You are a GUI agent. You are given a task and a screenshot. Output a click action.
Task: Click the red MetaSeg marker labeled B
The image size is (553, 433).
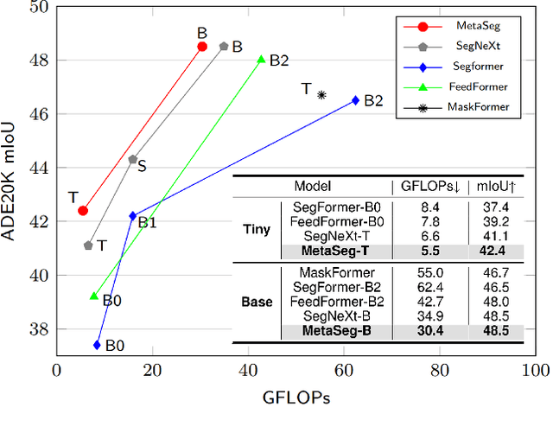[x=202, y=47]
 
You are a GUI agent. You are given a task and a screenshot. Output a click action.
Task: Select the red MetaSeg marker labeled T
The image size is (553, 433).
[x=83, y=210]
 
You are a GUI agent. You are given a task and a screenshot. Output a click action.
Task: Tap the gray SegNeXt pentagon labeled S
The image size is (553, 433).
[x=132, y=159]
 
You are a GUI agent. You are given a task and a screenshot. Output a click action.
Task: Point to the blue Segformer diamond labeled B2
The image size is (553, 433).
[x=355, y=100]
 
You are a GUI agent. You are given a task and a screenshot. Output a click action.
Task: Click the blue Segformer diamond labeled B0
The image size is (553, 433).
[x=97, y=345]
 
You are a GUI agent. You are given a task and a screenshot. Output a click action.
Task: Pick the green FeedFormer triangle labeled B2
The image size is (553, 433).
[x=261, y=60]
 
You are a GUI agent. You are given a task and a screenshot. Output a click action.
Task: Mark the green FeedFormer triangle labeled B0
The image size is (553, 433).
[x=94, y=296]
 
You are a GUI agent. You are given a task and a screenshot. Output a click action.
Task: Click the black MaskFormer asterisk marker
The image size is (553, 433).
[x=321, y=95]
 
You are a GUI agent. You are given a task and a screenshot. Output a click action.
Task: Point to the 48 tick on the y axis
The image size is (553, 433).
[x=41, y=60]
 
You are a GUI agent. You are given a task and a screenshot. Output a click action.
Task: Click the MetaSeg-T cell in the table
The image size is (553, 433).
[x=334, y=251]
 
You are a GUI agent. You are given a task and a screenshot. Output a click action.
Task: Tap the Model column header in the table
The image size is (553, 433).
[x=313, y=186]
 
